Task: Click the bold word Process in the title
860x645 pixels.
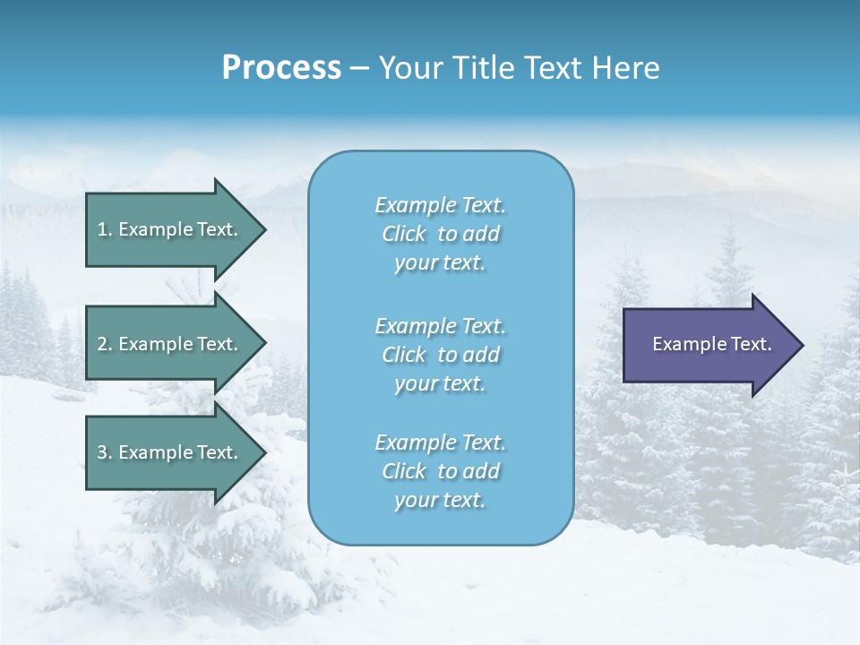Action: coord(281,68)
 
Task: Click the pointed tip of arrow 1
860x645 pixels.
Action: coord(263,229)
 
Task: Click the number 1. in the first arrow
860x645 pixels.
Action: coord(104,229)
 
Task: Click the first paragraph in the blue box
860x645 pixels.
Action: coord(440,234)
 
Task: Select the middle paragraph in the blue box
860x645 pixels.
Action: coord(440,355)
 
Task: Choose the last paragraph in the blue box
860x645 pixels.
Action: coord(440,471)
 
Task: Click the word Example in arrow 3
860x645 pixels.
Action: coord(154,452)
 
